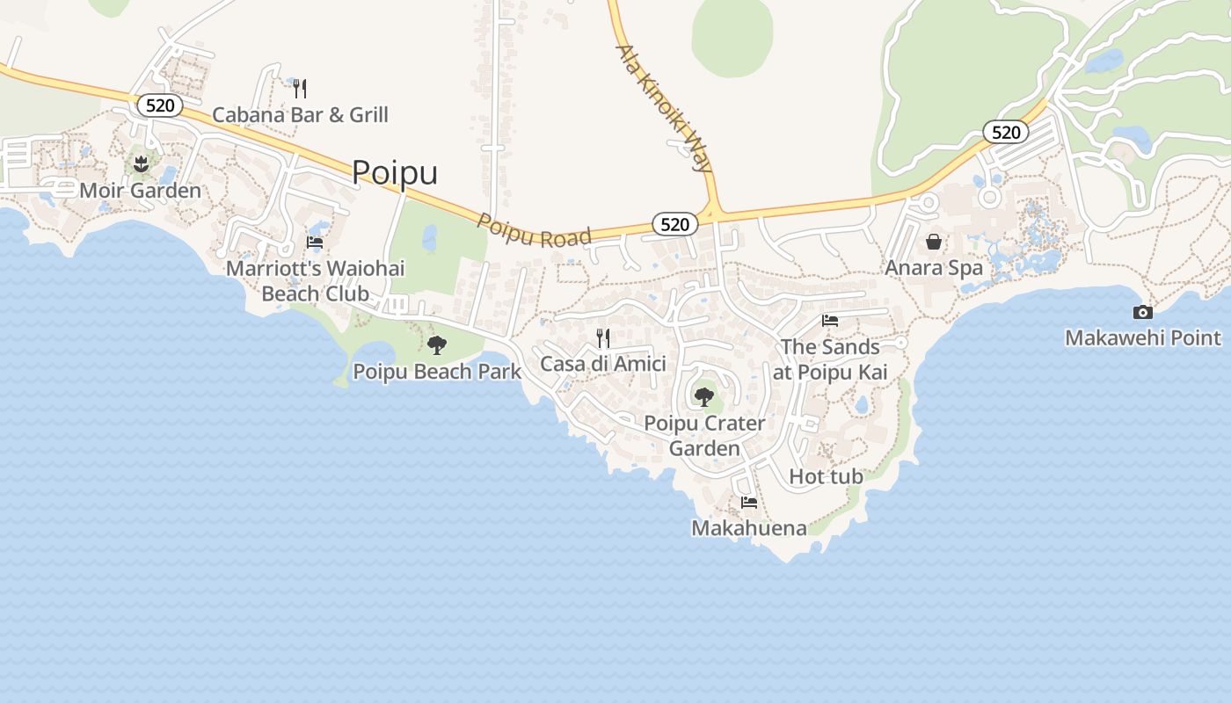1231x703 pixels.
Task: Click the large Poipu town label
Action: [x=395, y=172]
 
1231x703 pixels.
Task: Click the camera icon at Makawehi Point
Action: [x=1142, y=312]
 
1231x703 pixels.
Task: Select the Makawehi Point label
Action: [x=1142, y=337]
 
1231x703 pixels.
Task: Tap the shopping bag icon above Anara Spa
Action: [x=933, y=242]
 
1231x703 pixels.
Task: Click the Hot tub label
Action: [x=826, y=476]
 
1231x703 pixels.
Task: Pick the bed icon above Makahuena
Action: [x=749, y=503]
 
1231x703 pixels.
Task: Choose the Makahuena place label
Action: [x=748, y=527]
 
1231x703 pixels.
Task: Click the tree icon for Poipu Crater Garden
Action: [x=703, y=397]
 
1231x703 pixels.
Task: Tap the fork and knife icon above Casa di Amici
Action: [x=603, y=337]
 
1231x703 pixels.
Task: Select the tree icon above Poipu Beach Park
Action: [x=436, y=345]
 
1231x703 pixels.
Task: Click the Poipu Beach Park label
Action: [x=437, y=372]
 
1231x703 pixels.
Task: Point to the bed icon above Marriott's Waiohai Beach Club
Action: [x=315, y=242]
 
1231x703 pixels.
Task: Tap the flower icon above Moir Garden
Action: [x=141, y=163]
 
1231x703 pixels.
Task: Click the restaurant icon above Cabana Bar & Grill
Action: [x=300, y=88]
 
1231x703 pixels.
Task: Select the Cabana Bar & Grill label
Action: [x=300, y=114]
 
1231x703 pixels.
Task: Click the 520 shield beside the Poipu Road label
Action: [x=674, y=224]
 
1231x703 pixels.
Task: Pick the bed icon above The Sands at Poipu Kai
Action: [x=829, y=321]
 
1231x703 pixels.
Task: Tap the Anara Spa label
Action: [x=933, y=268]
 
